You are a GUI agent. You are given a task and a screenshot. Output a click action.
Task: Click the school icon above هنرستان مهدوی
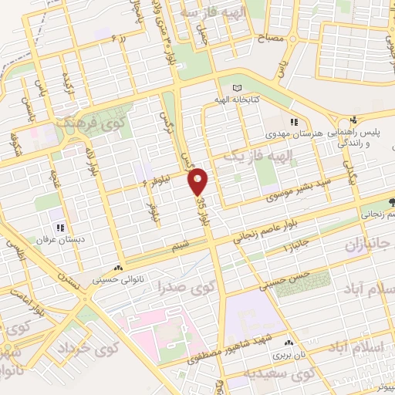(293, 122)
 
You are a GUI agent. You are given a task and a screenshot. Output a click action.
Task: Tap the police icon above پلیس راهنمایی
(353, 120)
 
